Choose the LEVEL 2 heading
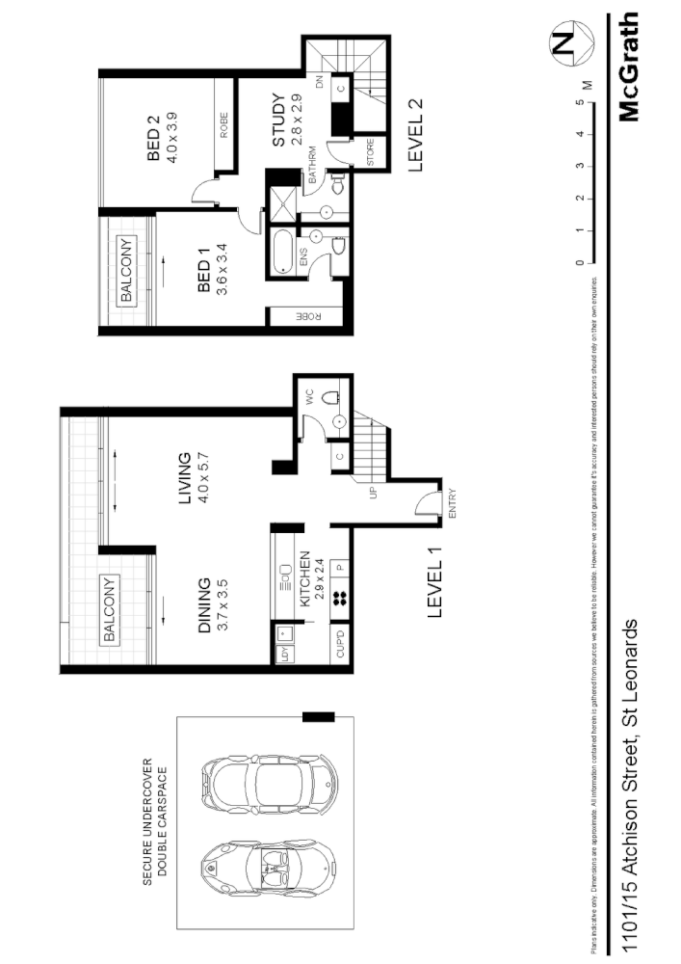pyautogui.click(x=416, y=134)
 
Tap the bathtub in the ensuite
pyautogui.click(x=282, y=253)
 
